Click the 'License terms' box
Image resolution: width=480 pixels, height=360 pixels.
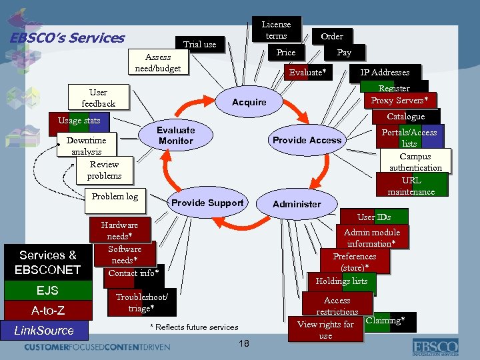coord(276,30)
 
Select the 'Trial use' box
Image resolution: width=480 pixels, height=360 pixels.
coord(200,45)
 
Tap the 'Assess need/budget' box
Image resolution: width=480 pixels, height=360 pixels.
coord(158,63)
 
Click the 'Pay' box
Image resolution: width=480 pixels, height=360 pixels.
coord(344,52)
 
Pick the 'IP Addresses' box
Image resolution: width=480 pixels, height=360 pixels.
coord(385,73)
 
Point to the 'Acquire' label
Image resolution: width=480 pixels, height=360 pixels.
coord(249,102)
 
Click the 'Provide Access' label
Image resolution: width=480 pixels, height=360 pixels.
coord(307,140)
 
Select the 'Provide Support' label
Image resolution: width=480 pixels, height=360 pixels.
coord(207,203)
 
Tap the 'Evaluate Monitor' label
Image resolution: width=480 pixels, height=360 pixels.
coord(175,135)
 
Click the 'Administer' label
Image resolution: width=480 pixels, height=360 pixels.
coord(297,204)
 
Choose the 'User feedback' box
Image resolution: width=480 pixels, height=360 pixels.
coord(98,97)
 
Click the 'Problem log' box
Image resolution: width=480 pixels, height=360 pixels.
coord(115,196)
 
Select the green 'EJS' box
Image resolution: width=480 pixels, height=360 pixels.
coord(48,291)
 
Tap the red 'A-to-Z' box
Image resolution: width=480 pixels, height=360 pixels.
coord(48,310)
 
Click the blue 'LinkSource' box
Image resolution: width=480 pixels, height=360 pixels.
coord(44,330)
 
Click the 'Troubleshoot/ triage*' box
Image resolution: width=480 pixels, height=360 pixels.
coord(142,302)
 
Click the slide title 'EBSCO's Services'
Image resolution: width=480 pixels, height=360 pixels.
coord(67,38)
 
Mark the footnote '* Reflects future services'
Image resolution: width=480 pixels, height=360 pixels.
coord(194,327)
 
